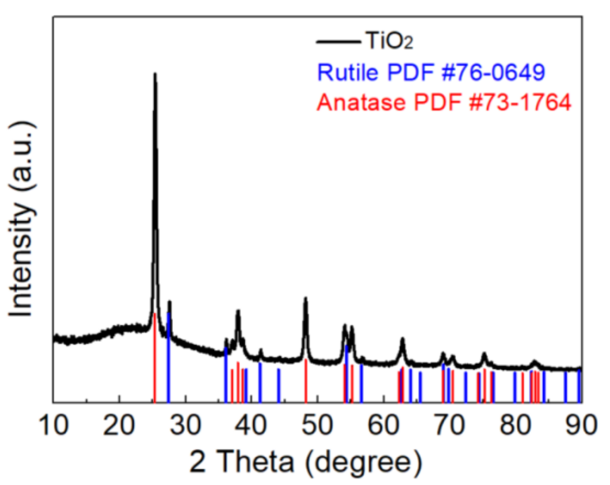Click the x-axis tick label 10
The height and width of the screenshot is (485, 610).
tap(55, 425)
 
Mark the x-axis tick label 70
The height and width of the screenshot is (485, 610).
tap(450, 425)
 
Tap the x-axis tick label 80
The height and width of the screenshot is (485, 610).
tap(516, 425)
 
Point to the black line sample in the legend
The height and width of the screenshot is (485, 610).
tap(337, 41)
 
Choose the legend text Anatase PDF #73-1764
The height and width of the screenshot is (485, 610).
tap(444, 102)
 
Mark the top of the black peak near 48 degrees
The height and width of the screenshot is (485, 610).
tap(305, 298)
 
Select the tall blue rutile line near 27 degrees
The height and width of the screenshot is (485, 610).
tap(168, 357)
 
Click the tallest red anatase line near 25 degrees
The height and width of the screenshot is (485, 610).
tap(155, 357)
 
